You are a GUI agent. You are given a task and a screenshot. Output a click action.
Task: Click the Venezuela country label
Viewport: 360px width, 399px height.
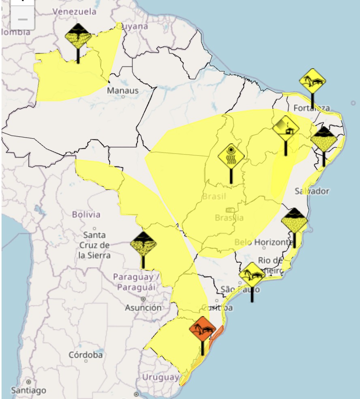[75, 11]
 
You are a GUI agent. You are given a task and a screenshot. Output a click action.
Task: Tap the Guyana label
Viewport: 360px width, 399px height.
[132, 26]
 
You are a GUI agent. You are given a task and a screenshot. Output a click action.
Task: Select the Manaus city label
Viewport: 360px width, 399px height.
[123, 91]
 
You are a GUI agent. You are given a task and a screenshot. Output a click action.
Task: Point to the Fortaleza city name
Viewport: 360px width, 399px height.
[311, 108]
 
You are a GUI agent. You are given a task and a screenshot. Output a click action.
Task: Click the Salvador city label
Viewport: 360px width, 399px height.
[312, 191]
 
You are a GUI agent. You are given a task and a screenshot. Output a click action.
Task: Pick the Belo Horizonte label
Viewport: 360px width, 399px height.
[264, 242]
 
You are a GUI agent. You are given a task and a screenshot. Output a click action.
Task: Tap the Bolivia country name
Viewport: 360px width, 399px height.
[86, 214]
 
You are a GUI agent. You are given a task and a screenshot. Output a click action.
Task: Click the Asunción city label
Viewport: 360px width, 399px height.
[143, 308]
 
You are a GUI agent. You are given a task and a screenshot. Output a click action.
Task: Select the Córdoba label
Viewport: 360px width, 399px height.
[86, 354]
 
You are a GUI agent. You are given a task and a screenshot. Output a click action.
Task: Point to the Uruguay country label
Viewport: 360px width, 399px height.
[161, 377]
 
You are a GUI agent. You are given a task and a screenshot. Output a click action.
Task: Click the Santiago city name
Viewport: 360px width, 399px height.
[28, 390]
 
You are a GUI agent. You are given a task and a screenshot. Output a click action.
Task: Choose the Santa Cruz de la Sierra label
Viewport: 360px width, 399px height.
[94, 245]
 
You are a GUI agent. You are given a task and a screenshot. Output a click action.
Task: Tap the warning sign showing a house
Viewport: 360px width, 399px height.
[286, 128]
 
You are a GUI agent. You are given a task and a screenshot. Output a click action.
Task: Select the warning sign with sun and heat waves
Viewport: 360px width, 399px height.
[231, 157]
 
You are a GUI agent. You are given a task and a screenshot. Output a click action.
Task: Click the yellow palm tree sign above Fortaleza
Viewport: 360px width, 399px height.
[312, 81]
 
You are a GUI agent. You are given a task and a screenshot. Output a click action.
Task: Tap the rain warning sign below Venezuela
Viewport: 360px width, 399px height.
[78, 36]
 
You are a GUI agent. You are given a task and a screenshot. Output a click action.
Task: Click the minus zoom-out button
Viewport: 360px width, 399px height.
[23, 19]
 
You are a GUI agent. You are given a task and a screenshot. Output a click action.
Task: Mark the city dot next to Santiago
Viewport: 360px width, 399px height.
[29, 382]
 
